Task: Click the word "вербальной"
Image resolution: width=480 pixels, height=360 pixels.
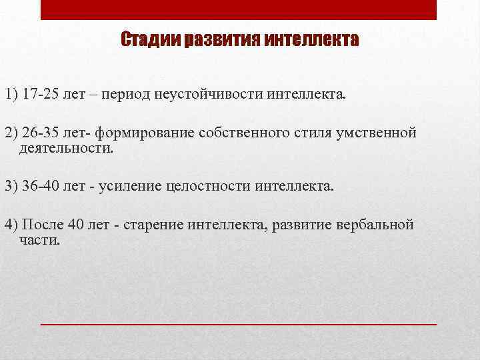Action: pyautogui.click(x=375, y=223)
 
